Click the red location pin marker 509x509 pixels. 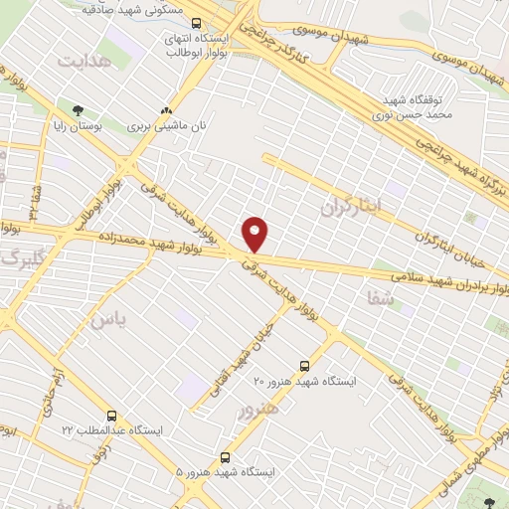[255, 234]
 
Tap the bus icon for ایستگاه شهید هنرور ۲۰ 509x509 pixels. [304, 366]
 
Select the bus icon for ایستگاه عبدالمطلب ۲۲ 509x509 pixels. [110, 416]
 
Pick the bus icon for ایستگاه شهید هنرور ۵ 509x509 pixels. [226, 457]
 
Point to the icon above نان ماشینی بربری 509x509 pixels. [166, 111]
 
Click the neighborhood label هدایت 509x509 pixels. [81, 62]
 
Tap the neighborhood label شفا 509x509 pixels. [380, 296]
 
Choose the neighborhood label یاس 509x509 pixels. [109, 320]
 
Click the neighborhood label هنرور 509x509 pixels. [256, 407]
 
